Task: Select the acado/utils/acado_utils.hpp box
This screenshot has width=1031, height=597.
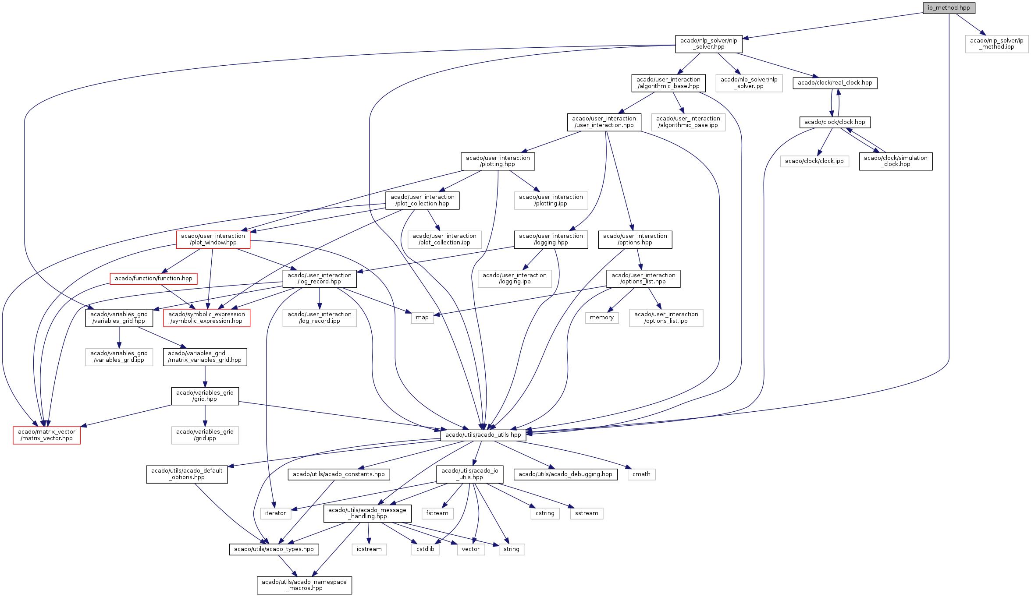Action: (483, 435)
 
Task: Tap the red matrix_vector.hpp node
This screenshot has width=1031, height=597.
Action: (46, 435)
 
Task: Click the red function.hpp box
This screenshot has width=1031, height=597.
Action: (153, 279)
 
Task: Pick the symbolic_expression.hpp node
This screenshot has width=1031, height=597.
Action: (206, 318)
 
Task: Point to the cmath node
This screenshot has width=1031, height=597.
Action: (641, 474)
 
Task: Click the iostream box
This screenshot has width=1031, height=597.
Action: (369, 549)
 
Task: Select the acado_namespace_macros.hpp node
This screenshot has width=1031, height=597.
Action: (304, 585)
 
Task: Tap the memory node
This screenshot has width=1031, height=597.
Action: (601, 318)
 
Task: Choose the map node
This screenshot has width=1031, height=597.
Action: (422, 318)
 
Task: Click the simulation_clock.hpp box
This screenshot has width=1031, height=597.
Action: (896, 161)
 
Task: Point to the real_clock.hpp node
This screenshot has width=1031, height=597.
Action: (835, 83)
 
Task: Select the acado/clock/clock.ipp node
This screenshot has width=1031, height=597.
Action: (814, 161)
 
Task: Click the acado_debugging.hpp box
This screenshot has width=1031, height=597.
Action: (565, 474)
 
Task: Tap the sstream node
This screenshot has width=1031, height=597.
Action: (587, 513)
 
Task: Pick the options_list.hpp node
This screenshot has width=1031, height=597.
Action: (643, 279)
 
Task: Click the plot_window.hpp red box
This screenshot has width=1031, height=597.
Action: (213, 239)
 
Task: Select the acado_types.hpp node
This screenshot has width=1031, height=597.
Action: (274, 549)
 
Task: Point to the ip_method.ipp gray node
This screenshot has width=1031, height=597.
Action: (996, 44)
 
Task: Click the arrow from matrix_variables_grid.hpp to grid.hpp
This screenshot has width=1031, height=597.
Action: (205, 376)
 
